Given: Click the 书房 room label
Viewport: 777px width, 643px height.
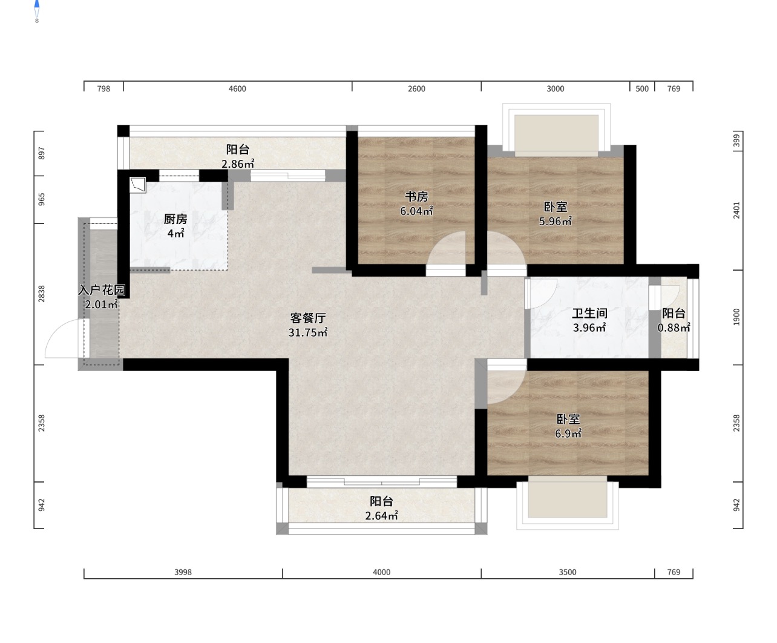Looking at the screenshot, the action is (x=416, y=196).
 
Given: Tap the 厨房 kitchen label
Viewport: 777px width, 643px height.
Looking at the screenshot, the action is (x=175, y=219).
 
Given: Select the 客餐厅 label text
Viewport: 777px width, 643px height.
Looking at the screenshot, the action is (x=308, y=318).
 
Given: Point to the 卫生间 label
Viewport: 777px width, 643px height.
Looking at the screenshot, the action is (x=589, y=314).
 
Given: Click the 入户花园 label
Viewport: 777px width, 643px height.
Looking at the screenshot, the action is (x=101, y=289).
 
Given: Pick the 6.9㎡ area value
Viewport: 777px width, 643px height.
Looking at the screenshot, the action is (x=568, y=434).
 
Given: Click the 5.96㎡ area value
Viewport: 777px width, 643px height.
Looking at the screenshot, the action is (x=555, y=221).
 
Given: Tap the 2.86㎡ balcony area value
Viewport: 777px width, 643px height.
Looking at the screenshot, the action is (x=238, y=164).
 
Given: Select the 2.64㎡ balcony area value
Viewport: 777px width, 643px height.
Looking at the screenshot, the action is (x=381, y=516).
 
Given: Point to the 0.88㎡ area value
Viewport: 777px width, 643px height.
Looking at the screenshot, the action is (x=674, y=328).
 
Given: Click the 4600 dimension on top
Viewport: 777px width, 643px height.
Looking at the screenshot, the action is (x=237, y=88).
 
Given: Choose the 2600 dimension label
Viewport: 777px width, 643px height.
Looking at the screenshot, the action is (x=416, y=88).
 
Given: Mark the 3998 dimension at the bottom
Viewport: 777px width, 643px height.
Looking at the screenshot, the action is (x=183, y=572).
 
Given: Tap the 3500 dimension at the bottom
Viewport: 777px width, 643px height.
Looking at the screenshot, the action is (x=568, y=572).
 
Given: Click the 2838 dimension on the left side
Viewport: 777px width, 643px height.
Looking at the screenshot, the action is (x=42, y=294).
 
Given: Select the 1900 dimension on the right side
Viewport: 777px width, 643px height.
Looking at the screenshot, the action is (x=736, y=317).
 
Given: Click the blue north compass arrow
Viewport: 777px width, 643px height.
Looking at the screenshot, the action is (x=37, y=4).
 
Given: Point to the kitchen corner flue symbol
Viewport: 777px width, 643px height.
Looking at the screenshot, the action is (x=138, y=185).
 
